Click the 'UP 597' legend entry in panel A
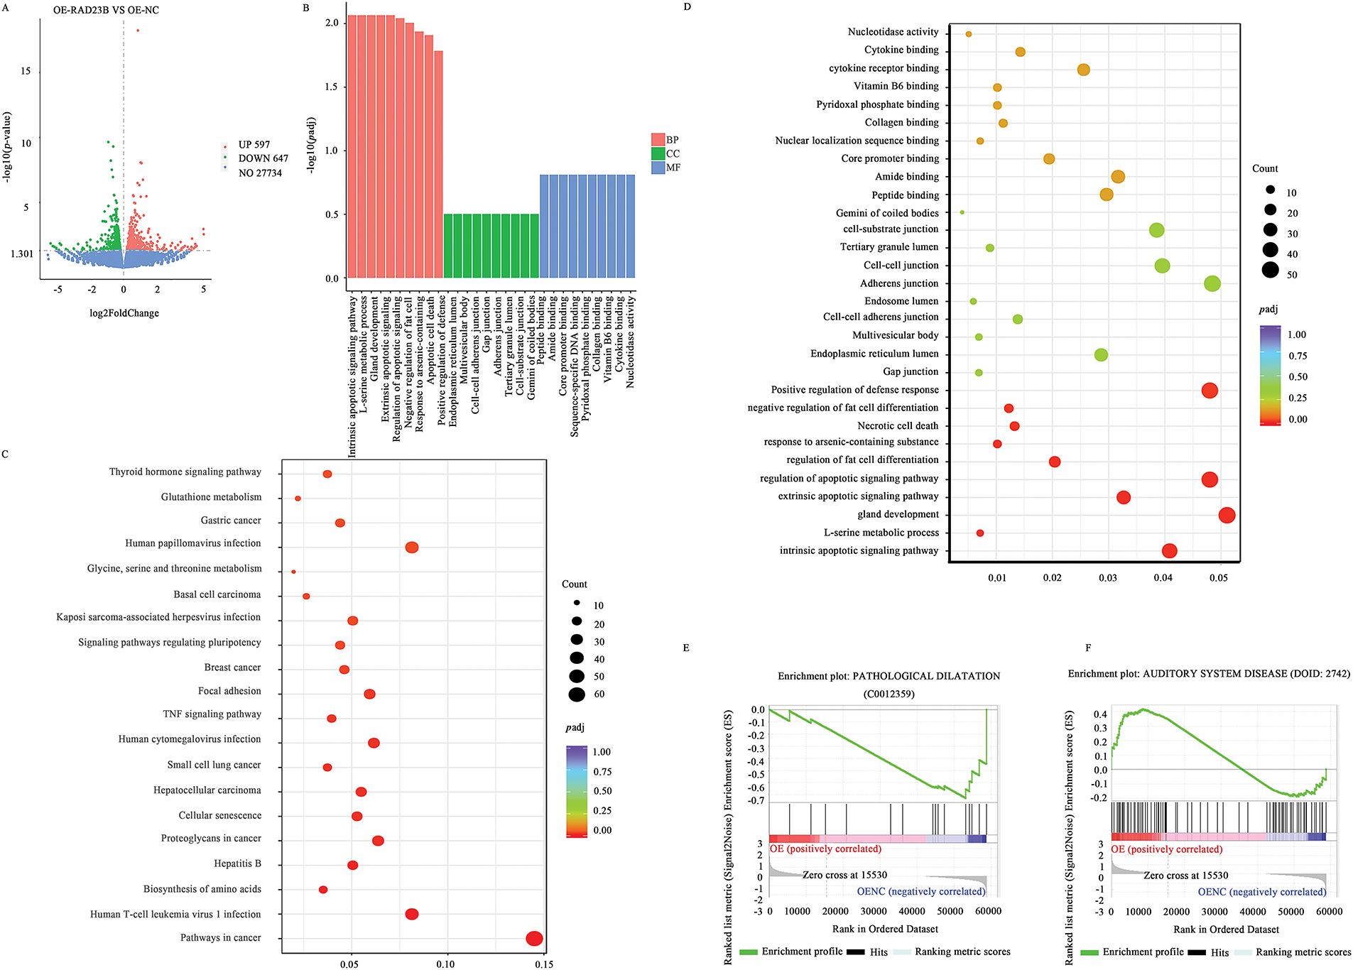(254, 145)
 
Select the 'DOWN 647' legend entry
(262, 159)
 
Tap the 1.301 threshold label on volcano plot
(22, 254)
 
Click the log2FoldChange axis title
(124, 313)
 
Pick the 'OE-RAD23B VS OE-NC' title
(106, 11)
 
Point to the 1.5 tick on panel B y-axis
(331, 87)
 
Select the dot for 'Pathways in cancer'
(534, 939)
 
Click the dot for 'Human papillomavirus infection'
(412, 547)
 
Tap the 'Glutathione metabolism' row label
(211, 497)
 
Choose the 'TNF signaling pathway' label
(212, 714)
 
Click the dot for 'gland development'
(1227, 516)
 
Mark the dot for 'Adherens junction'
(1212, 284)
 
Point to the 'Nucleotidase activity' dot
(969, 34)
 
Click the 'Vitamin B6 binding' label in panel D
(896, 86)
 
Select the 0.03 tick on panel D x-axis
(1108, 578)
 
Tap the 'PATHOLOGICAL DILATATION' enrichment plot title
(889, 676)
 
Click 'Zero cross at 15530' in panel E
(844, 875)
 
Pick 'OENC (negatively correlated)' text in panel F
(1262, 892)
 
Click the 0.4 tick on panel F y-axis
(1100, 714)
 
